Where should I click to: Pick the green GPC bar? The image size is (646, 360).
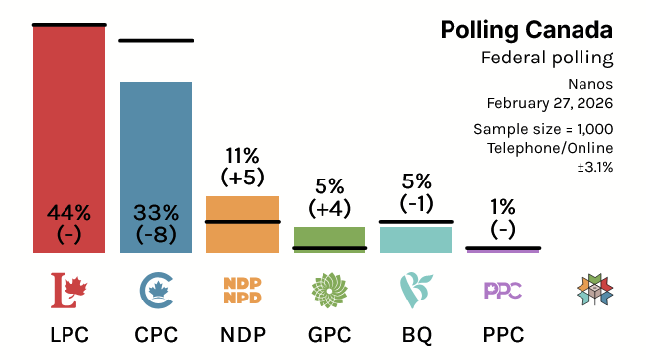329,238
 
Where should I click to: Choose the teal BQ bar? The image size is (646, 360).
416,239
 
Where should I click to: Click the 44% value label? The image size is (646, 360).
68,212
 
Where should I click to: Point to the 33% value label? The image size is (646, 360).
156,212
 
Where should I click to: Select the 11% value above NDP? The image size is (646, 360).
242,155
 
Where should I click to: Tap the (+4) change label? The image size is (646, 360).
329,209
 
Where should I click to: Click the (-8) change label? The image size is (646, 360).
156,235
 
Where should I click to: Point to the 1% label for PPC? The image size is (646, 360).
502,207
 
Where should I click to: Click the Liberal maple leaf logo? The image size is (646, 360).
68,290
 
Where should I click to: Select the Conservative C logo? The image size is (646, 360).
156,290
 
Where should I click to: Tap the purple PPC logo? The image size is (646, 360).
502,290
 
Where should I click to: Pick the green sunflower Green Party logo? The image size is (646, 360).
329,290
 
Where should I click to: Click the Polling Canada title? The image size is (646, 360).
527,29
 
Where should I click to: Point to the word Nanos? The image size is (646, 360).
592,84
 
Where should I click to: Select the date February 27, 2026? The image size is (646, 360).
550,102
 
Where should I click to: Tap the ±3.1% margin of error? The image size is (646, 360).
594,167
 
